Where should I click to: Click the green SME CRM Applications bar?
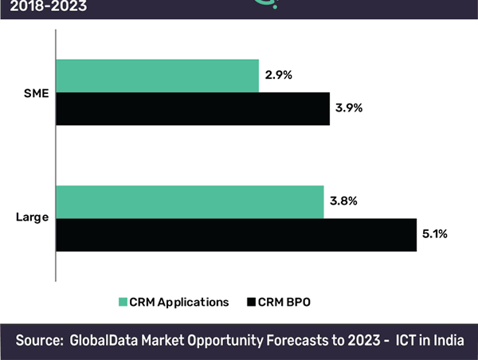[157, 75]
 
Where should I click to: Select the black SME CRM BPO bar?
[192, 108]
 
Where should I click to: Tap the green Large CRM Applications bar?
[190, 202]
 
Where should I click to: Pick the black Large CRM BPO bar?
[236, 235]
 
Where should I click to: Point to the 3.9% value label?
[348, 108]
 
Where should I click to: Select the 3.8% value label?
[342, 202]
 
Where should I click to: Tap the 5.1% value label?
[435, 234]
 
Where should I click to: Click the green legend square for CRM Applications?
[122, 302]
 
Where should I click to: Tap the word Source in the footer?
[38, 341]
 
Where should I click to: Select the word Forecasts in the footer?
[297, 341]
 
